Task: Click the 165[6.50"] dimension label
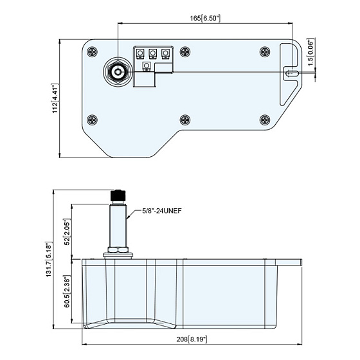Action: pyautogui.click(x=205, y=18)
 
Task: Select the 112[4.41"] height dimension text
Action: pyautogui.click(x=55, y=98)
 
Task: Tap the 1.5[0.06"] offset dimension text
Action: pyautogui.click(x=310, y=52)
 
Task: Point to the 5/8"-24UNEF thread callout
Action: pyautogui.click(x=162, y=211)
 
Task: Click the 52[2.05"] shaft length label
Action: pyautogui.click(x=67, y=232)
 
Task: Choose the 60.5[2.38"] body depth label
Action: pyautogui.click(x=67, y=291)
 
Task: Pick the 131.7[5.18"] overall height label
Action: pyautogui.click(x=49, y=260)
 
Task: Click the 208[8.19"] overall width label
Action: pyautogui.click(x=192, y=339)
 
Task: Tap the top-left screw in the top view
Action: pyautogui.click(x=93, y=51)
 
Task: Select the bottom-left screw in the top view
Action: pyautogui.click(x=93, y=120)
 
